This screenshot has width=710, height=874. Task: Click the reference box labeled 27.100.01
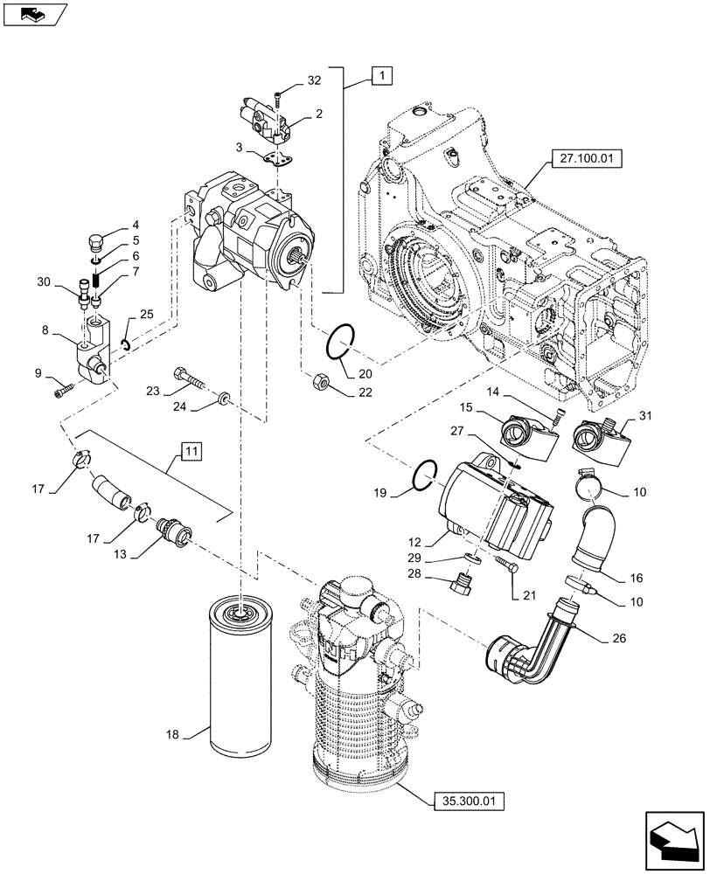tap(581, 159)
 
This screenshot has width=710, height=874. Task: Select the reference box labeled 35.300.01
tap(468, 799)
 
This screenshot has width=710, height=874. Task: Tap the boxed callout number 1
tap(382, 77)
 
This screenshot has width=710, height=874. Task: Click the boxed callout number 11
tap(191, 451)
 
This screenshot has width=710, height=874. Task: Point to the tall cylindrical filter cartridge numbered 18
tap(238, 673)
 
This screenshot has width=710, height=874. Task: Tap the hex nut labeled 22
tap(321, 381)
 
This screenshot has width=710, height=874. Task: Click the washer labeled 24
tap(226, 399)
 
